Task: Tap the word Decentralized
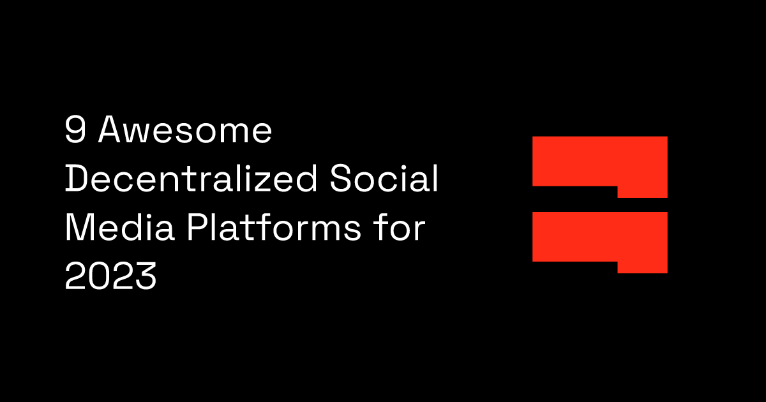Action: tap(191, 178)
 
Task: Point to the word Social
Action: tap(384, 178)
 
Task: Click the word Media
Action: tap(120, 227)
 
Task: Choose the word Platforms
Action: tap(274, 227)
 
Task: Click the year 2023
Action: tap(110, 276)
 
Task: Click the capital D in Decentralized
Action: tap(77, 178)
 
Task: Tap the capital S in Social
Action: tap(341, 178)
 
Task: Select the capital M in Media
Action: tap(79, 227)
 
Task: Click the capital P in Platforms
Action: tap(197, 227)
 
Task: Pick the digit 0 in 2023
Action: tap(99, 276)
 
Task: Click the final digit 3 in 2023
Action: tap(146, 276)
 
